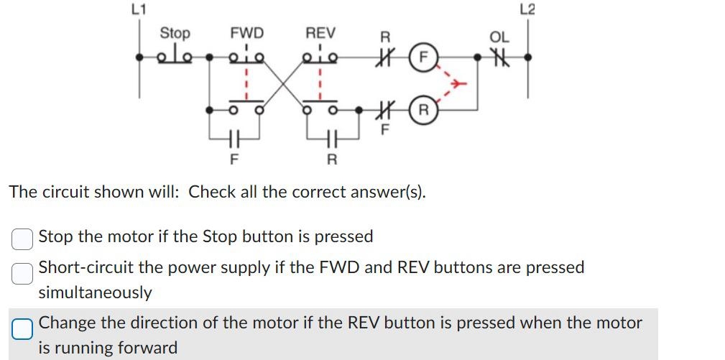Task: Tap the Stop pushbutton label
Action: point(175,33)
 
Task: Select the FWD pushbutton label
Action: point(246,33)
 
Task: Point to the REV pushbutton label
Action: point(320,33)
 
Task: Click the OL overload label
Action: point(499,37)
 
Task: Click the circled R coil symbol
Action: point(423,111)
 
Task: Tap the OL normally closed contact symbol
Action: point(499,56)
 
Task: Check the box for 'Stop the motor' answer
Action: point(22,237)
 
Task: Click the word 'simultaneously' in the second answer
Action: point(95,292)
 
